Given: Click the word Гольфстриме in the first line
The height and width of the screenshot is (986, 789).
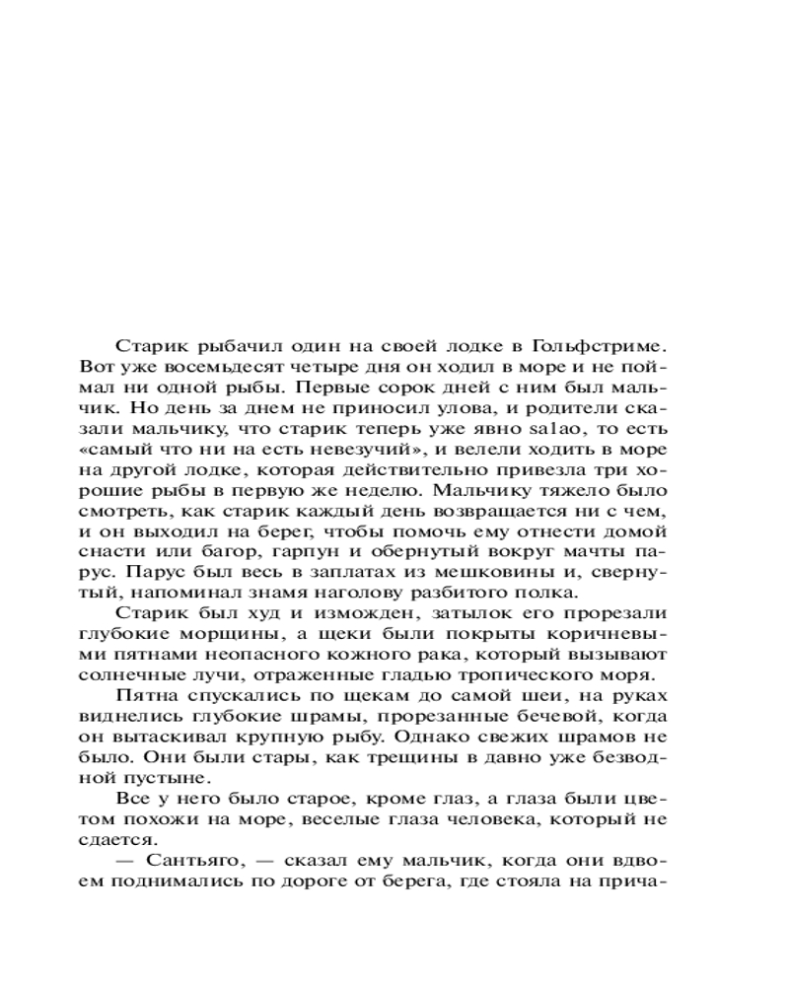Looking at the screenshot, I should (602, 346).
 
